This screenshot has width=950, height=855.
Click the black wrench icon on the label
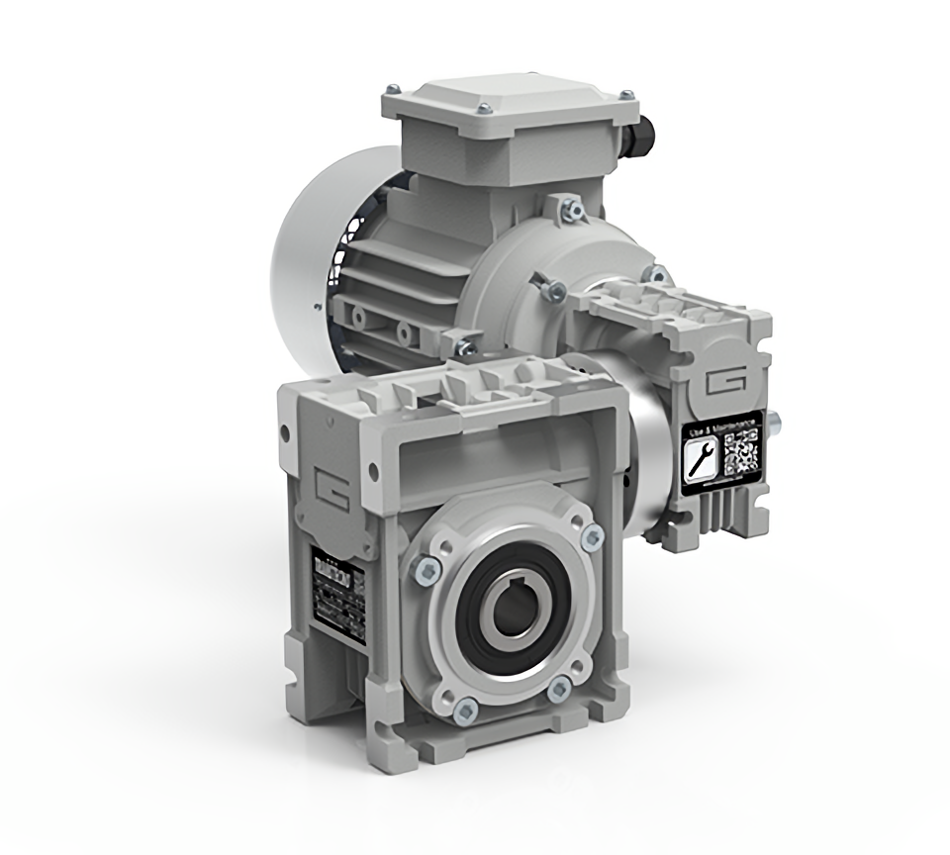(702, 458)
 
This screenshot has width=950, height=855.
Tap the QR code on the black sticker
(742, 451)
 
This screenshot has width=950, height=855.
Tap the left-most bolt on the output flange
(427, 567)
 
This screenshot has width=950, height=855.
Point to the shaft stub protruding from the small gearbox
(776, 427)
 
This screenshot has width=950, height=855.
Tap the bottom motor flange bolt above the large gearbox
(462, 347)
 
